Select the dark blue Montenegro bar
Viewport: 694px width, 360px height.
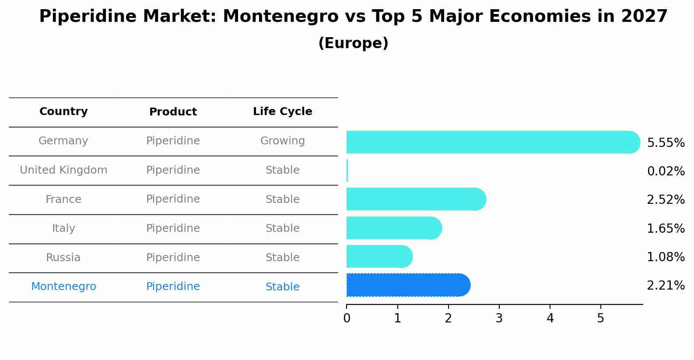coord(407,285)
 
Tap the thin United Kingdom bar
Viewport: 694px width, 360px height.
coord(347,171)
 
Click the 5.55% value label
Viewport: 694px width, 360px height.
coord(666,143)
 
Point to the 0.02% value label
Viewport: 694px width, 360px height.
coord(666,171)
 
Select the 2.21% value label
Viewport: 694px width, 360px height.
coord(666,286)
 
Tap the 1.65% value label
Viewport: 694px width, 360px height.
coord(666,228)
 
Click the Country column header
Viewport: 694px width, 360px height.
coord(63,112)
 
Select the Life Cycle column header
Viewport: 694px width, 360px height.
coord(282,112)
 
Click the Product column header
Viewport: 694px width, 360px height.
coord(173,112)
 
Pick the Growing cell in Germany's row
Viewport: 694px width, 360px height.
coord(282,141)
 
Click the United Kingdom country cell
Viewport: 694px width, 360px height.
coord(63,170)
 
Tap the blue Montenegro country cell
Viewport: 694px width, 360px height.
coord(63,287)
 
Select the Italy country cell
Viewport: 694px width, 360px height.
coord(63,228)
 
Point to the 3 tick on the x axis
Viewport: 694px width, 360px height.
coord(499,318)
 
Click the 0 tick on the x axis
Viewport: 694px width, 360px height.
coord(347,318)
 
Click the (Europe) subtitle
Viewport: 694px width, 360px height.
coord(353,43)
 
